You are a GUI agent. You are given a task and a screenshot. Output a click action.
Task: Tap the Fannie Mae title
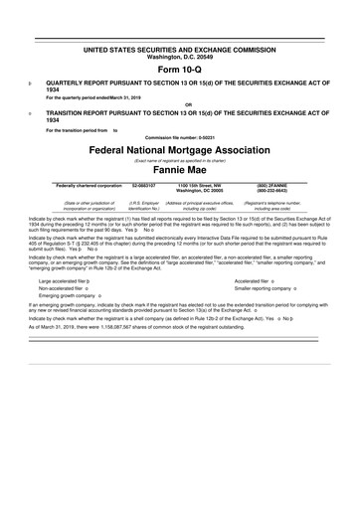[180, 171]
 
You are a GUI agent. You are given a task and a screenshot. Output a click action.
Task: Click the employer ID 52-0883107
[145, 185]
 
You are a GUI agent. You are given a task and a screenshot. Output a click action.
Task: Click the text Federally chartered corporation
[89, 185]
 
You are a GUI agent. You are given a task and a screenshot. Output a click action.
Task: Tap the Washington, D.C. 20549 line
[180, 56]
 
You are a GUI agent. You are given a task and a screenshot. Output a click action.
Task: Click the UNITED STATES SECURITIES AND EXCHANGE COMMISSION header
[180, 49]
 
